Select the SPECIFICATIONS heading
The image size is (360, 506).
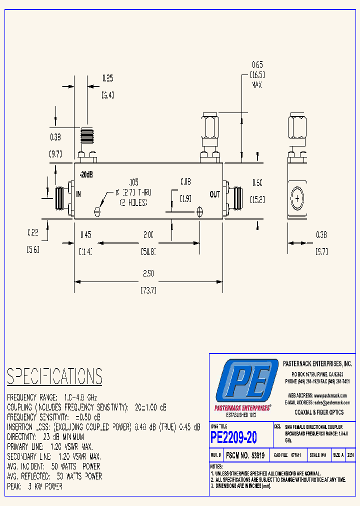(x=54, y=376)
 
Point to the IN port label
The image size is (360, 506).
(x=78, y=193)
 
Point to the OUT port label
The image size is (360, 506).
(x=214, y=194)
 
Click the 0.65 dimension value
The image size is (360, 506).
(x=257, y=64)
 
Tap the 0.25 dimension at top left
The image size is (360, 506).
(x=107, y=78)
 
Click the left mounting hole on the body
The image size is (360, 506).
(x=97, y=211)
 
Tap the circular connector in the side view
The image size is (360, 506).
(x=297, y=199)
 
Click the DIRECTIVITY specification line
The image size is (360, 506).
(x=45, y=436)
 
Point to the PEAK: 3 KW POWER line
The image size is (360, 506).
(x=35, y=486)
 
